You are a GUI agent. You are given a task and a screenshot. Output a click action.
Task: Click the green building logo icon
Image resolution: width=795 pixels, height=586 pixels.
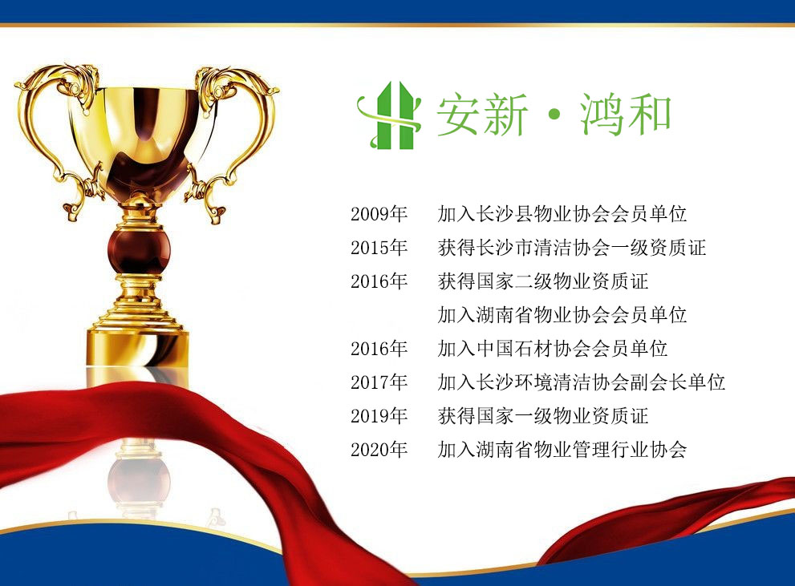tap(389, 115)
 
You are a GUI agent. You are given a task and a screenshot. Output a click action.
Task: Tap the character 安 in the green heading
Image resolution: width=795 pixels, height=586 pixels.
tap(459, 115)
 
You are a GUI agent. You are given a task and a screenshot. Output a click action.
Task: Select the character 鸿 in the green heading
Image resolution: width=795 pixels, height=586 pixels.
tap(602, 115)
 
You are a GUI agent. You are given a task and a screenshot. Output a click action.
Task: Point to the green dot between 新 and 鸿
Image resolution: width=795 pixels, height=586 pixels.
tap(554, 115)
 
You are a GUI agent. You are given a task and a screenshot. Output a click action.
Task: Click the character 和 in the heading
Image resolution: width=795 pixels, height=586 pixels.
tap(649, 115)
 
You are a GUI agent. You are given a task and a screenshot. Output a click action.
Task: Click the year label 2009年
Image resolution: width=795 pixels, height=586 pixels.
tap(379, 214)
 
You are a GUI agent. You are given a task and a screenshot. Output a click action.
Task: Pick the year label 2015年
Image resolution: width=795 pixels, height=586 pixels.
tap(379, 248)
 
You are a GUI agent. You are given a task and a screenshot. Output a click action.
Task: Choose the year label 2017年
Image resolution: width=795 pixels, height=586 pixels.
tap(379, 382)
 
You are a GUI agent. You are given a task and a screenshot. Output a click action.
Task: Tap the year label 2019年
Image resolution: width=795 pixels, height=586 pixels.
tap(379, 416)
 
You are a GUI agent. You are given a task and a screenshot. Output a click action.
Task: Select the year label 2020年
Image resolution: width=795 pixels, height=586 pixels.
tap(379, 449)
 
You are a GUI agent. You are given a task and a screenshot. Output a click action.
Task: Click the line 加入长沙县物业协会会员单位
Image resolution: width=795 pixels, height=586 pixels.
tap(562, 214)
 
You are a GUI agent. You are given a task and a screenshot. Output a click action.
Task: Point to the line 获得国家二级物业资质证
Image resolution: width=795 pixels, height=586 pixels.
tap(543, 281)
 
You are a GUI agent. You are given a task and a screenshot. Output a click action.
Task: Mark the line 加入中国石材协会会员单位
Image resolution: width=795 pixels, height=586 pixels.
tap(553, 349)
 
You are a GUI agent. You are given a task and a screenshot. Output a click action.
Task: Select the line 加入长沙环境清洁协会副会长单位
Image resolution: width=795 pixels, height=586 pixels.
tap(582, 382)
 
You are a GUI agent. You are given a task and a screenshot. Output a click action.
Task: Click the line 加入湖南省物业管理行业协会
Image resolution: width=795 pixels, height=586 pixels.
tap(562, 449)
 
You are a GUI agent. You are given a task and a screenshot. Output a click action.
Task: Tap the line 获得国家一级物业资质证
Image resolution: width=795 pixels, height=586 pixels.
tap(543, 416)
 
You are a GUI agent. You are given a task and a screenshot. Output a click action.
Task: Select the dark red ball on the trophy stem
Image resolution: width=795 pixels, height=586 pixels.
tap(139, 249)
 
